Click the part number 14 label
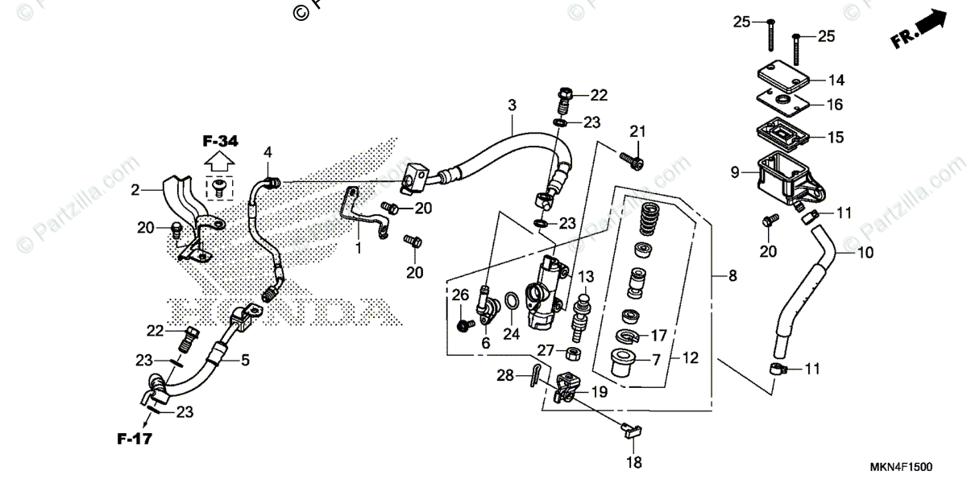[x=835, y=80]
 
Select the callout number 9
[x=735, y=171]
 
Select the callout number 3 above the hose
[x=511, y=105]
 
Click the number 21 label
[x=638, y=132]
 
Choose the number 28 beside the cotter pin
[x=504, y=376]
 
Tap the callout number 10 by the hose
[x=865, y=253]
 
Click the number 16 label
[x=835, y=105]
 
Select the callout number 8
[x=732, y=277]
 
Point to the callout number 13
[x=584, y=278]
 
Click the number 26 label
[x=459, y=295]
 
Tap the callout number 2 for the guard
[x=135, y=190]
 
